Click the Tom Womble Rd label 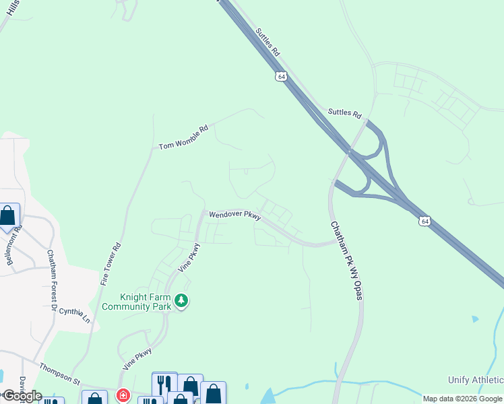pyautogui.click(x=184, y=137)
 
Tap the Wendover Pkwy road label pyautogui.click(x=234, y=215)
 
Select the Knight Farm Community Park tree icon pyautogui.click(x=181, y=301)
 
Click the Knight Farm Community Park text pyautogui.click(x=145, y=301)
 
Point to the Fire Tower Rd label pyautogui.click(x=111, y=263)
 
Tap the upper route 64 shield pyautogui.click(x=282, y=76)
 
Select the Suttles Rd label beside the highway pyautogui.click(x=268, y=42)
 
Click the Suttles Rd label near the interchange pyautogui.click(x=344, y=112)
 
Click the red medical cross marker pyautogui.click(x=123, y=395)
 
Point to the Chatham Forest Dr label pyautogui.click(x=53, y=281)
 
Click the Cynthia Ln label pyautogui.click(x=74, y=312)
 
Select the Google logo pyautogui.click(x=22, y=396)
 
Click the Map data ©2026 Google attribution pyautogui.click(x=462, y=399)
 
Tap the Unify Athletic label pyautogui.click(x=476, y=380)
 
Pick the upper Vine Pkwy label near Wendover pyautogui.click(x=191, y=257)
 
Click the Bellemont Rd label pyautogui.click(x=19, y=238)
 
